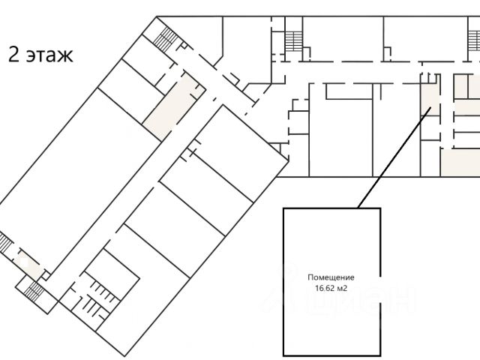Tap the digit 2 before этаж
coord(13,55)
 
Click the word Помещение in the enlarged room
coord(331,277)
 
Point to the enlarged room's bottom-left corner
coord(283,354)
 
